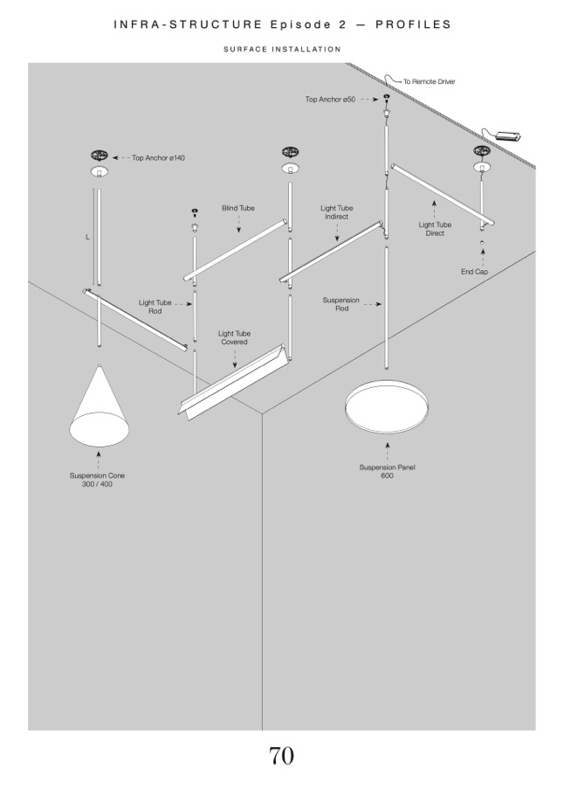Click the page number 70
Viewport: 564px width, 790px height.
[281, 756]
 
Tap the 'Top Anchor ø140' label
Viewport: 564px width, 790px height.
[158, 157]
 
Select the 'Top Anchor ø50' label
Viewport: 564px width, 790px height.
[330, 100]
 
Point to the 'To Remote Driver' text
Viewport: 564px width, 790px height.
[429, 81]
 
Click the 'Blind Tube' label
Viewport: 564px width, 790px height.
[238, 208]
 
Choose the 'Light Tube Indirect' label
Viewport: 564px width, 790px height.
[337, 212]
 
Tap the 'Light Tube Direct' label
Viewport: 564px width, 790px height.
[435, 229]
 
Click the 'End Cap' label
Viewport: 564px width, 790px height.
[474, 272]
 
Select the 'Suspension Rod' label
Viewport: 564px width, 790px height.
[341, 304]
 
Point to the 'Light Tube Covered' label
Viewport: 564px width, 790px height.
[234, 337]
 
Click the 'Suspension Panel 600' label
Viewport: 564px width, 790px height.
[388, 471]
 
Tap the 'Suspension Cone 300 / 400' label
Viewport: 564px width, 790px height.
[97, 480]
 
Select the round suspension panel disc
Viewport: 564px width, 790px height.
[387, 406]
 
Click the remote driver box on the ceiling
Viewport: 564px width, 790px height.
[509, 135]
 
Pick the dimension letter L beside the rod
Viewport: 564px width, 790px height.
[87, 237]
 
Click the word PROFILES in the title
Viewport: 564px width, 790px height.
[413, 24]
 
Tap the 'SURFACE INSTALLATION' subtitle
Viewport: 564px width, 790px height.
[282, 49]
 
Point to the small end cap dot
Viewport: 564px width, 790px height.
[482, 242]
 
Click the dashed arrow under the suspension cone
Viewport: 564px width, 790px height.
[98, 460]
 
